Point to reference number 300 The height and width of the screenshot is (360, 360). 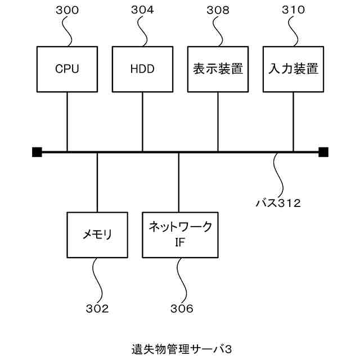pos(67,10)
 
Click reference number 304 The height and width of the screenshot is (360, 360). pos(142,10)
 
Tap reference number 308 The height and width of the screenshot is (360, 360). pos(218,10)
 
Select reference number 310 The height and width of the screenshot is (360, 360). pos(293,10)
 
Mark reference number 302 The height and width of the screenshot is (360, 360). pos(97,309)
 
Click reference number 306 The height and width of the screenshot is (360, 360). pos(182,309)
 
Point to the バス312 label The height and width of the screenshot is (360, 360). pos(278,203)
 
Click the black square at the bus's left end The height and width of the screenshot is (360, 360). pos(37,152)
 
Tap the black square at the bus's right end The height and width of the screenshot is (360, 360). pos(323,152)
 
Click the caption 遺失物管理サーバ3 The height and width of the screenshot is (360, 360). pos(181,349)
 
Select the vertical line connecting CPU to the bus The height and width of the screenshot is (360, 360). pos(67,121)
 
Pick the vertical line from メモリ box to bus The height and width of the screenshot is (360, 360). pos(97,182)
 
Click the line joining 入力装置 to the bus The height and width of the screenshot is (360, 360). pos(293,121)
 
